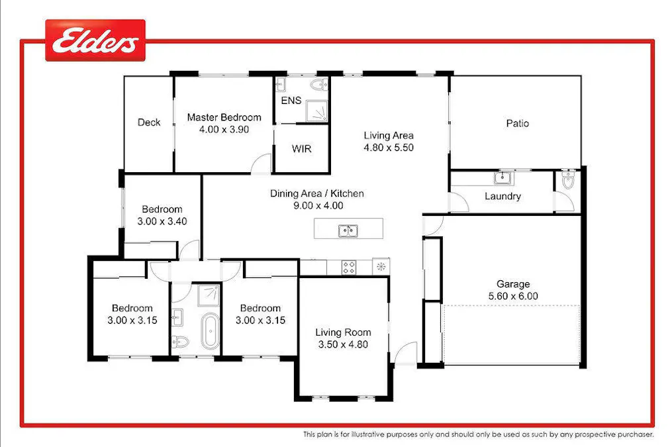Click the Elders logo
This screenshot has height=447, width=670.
coord(95,41)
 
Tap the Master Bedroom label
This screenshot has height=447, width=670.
coord(224,117)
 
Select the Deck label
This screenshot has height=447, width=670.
coord(149,122)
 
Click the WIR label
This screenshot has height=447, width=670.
coord(301,148)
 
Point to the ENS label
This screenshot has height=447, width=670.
coord(291,101)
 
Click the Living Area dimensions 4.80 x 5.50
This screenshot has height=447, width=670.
coord(389,148)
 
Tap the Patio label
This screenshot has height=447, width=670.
coord(517,123)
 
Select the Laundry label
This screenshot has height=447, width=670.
coord(502,196)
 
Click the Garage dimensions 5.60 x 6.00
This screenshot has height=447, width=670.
coord(513,296)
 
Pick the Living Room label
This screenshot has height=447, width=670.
coord(343,332)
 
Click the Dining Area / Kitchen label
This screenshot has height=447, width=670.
coord(316,194)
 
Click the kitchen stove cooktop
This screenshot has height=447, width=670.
coord(350,267)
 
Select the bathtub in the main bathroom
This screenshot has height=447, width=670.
coord(210,331)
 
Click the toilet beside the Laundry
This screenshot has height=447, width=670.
coord(568,181)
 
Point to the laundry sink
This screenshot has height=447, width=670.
coord(503,177)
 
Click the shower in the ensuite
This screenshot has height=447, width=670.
coord(316,111)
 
